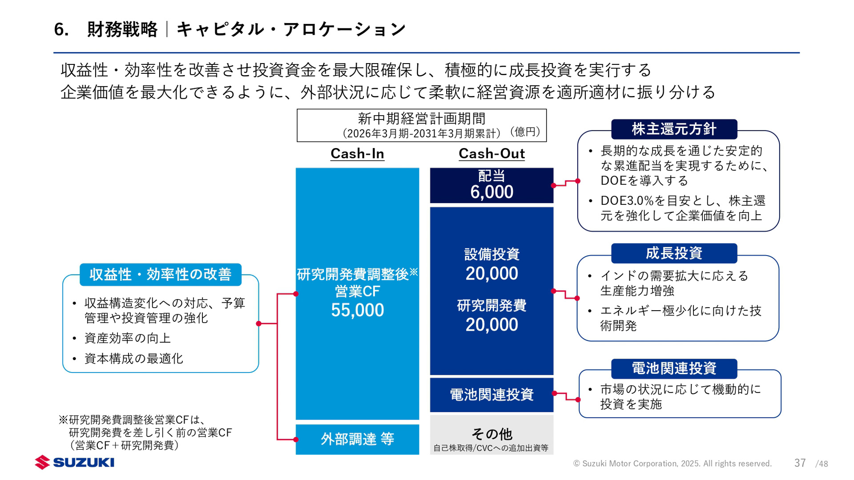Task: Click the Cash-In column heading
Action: [357, 153]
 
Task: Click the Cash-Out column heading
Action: [491, 153]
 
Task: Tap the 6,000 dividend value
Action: [491, 192]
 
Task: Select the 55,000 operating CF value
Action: [357, 310]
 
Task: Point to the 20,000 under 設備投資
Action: [491, 273]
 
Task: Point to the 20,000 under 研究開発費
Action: [491, 325]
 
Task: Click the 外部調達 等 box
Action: [357, 439]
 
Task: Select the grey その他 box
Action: [491, 435]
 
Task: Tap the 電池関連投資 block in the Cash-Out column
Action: [491, 394]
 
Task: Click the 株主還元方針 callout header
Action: [674, 129]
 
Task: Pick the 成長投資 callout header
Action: [674, 253]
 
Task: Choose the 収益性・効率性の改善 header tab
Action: [160, 275]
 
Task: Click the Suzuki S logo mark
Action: [42, 462]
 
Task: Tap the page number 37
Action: [800, 463]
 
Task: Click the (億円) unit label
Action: [525, 132]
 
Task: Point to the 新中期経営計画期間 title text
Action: [421, 119]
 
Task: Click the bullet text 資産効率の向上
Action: [128, 338]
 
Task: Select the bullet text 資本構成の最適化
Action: [133, 359]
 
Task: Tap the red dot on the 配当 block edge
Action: [553, 185]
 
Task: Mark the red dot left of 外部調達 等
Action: [296, 440]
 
